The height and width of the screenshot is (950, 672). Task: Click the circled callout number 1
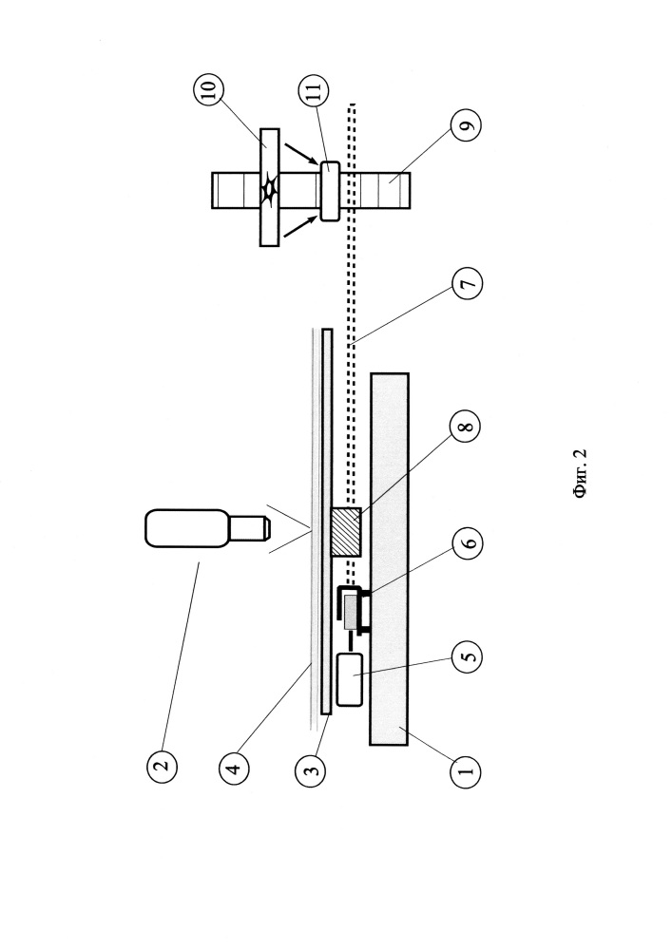click(x=466, y=770)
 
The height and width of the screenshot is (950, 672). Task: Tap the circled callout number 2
click(x=162, y=767)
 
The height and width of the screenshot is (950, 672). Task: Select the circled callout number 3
click(x=310, y=770)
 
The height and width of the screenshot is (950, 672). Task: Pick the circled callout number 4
click(x=235, y=769)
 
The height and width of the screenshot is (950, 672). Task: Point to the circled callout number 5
click(x=467, y=655)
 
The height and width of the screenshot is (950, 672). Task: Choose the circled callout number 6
click(x=467, y=542)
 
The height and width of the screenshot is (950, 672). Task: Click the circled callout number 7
click(x=467, y=283)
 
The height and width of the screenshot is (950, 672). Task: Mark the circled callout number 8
click(x=466, y=427)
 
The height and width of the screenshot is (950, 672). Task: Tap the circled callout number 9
click(x=466, y=124)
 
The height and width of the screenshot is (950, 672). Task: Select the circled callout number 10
click(x=208, y=90)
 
